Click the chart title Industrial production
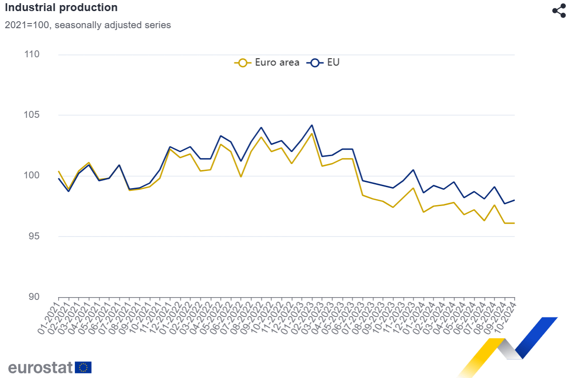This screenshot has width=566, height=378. click(x=61, y=8)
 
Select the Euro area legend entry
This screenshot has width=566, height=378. click(x=267, y=62)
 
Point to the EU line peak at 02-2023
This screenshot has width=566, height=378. click(x=312, y=125)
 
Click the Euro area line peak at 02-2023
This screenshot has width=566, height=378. click(x=312, y=134)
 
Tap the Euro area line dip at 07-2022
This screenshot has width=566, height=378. click(x=241, y=177)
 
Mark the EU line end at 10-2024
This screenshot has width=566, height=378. click(x=514, y=200)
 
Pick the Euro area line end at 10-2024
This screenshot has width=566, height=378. click(x=514, y=223)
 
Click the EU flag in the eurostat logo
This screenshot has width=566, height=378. click(x=84, y=367)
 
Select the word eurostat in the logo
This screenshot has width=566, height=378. click(x=41, y=367)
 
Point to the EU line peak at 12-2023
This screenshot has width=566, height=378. click(x=413, y=170)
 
